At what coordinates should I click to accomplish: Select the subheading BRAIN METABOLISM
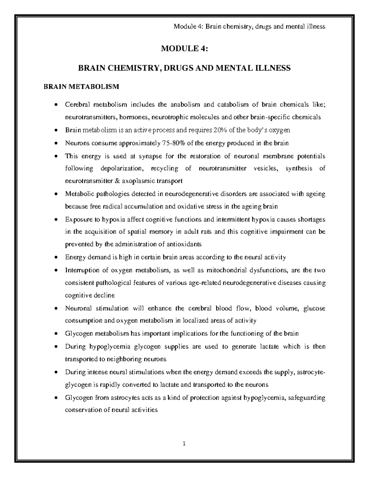[x=81, y=87]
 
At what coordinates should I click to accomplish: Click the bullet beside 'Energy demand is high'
[x=56, y=257]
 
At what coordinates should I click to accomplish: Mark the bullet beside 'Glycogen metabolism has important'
[x=56, y=334]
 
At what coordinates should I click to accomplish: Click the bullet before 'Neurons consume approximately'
[x=56, y=143]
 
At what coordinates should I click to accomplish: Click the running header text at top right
[x=249, y=26]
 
